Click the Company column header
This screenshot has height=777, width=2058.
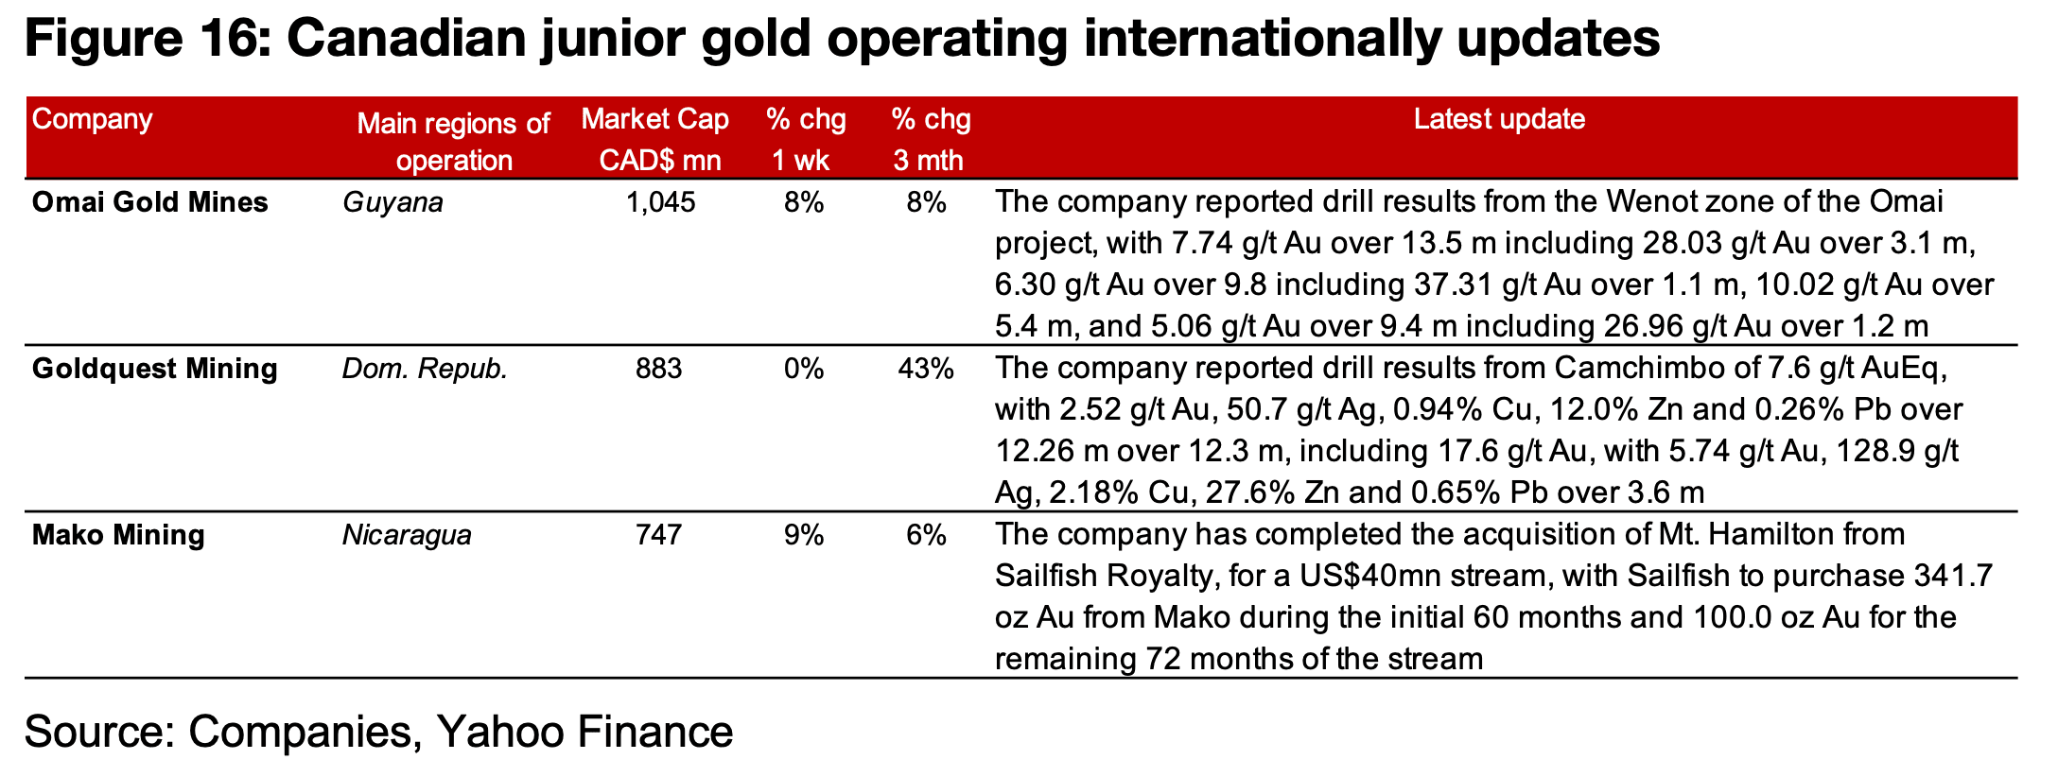pos(92,120)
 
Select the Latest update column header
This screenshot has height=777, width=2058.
pos(1499,120)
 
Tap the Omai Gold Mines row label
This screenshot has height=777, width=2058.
pos(149,202)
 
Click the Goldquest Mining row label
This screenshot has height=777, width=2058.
pos(154,369)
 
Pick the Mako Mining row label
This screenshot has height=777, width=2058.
pos(118,535)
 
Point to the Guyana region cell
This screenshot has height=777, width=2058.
pos(392,202)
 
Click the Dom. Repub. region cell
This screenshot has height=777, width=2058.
pos(425,369)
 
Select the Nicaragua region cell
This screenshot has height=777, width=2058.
pos(407,535)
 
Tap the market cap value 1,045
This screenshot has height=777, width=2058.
pos(660,202)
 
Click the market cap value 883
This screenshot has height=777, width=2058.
pos(659,369)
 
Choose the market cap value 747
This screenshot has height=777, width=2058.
pos(659,535)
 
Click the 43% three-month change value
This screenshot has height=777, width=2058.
pos(926,369)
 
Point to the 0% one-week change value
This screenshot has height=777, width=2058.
pos(804,369)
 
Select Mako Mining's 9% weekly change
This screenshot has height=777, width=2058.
pos(804,535)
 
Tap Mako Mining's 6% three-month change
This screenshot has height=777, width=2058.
pos(926,535)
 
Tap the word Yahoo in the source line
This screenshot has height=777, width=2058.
pos(495,733)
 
